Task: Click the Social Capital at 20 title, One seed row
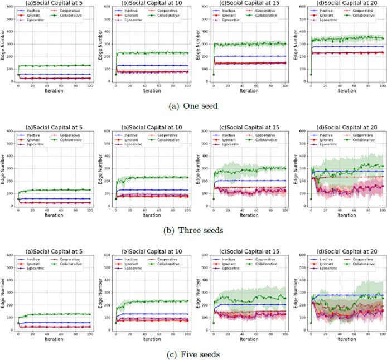[x=343, y=3]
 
